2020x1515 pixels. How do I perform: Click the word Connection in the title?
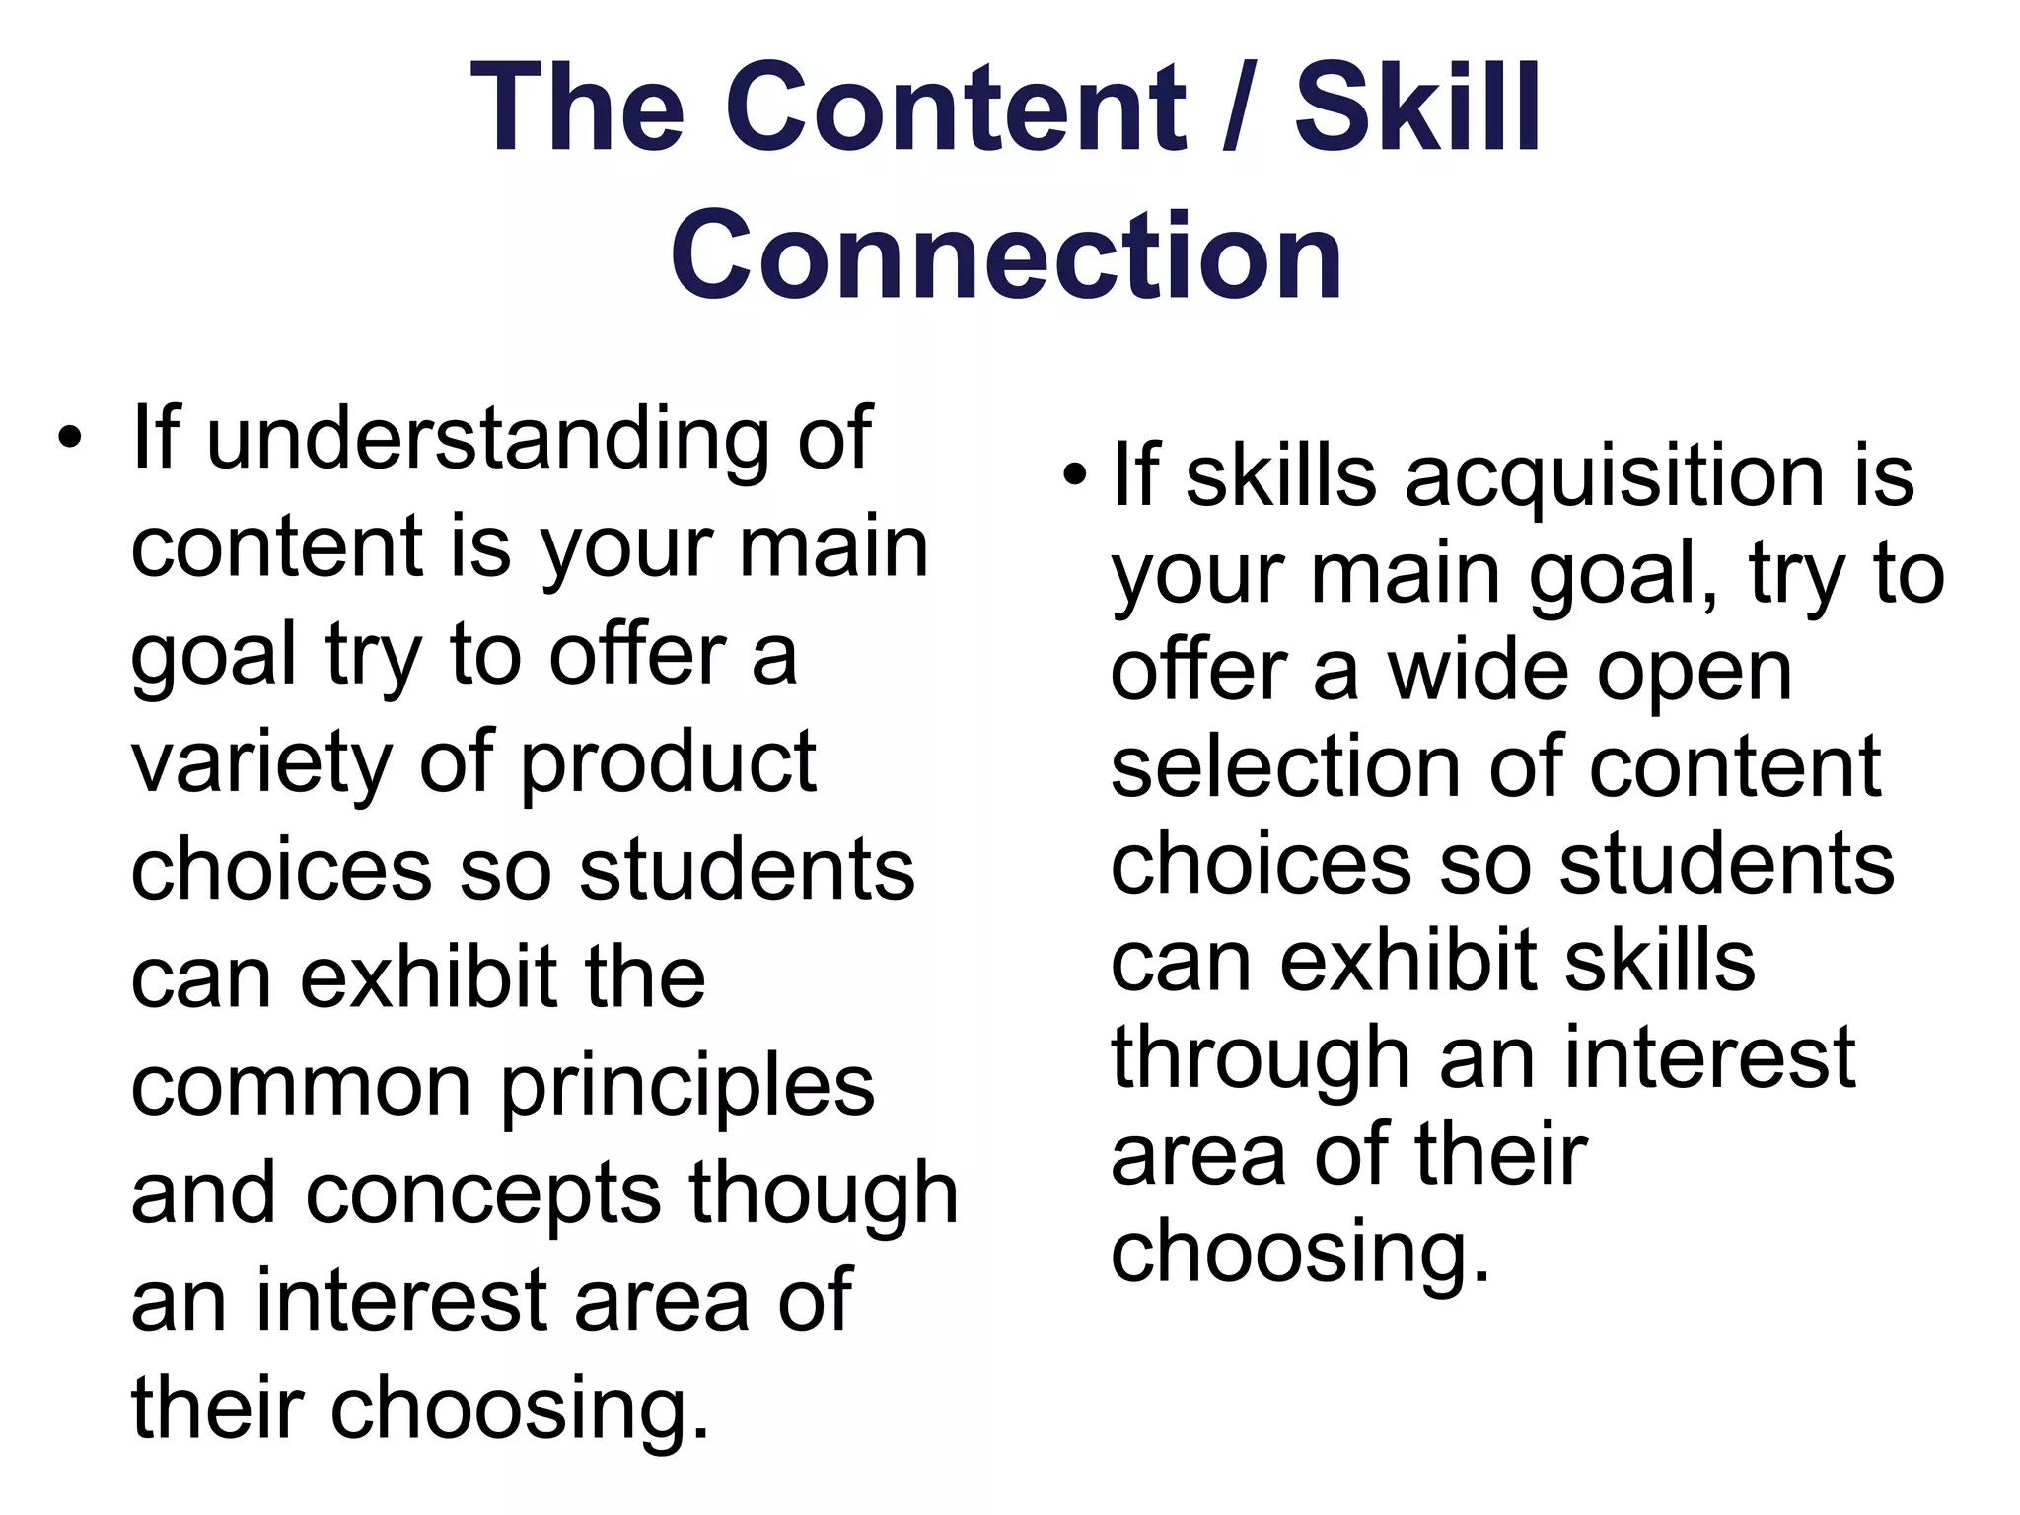[1007, 254]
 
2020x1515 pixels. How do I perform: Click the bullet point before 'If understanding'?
[67, 439]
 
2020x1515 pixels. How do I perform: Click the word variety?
[262, 765]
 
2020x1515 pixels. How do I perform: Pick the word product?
[669, 765]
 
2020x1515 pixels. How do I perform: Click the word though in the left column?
[824, 1195]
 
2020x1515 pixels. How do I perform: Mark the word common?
[302, 1088]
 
